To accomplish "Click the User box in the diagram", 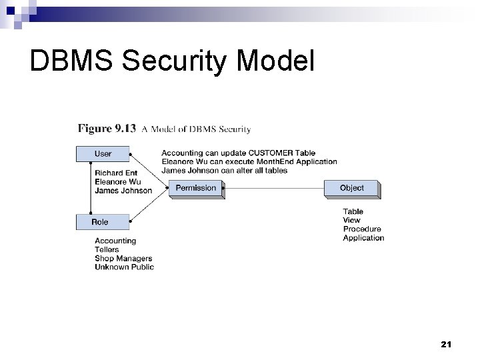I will click(x=103, y=154).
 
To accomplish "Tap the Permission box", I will click(x=196, y=188).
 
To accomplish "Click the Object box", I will click(x=351, y=188).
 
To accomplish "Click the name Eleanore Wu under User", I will click(x=117, y=181).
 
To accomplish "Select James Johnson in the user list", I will click(x=123, y=191).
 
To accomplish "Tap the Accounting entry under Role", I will click(x=115, y=241).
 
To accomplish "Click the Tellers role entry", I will click(x=108, y=249).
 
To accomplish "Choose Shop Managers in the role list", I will click(x=123, y=258).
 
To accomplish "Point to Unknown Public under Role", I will click(x=124, y=267).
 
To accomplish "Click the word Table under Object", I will click(x=353, y=212).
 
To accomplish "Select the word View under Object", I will click(x=351, y=221).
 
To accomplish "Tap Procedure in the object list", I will click(x=362, y=229).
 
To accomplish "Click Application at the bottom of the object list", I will click(x=363, y=238).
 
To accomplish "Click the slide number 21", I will click(x=446, y=345).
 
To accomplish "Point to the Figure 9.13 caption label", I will click(x=107, y=129).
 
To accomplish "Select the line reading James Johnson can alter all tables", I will click(x=224, y=170).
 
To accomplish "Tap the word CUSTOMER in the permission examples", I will click(x=270, y=153).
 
